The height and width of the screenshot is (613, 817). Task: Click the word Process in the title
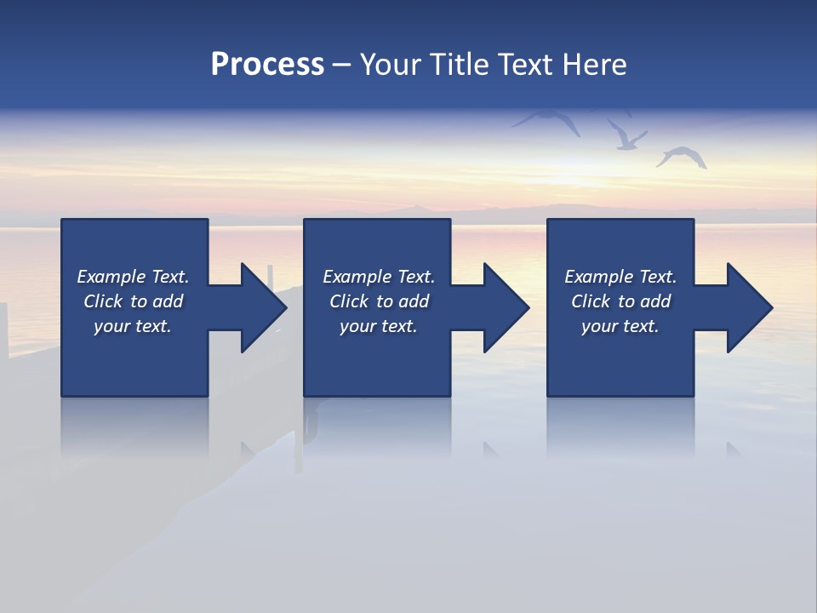pos(267,65)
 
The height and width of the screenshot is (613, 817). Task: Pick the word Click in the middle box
pos(347,301)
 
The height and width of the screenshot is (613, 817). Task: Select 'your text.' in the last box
pos(620,326)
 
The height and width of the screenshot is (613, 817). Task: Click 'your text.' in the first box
pos(133,326)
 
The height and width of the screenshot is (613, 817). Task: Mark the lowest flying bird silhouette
pos(682,158)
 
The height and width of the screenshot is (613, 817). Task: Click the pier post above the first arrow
pos(271,274)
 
